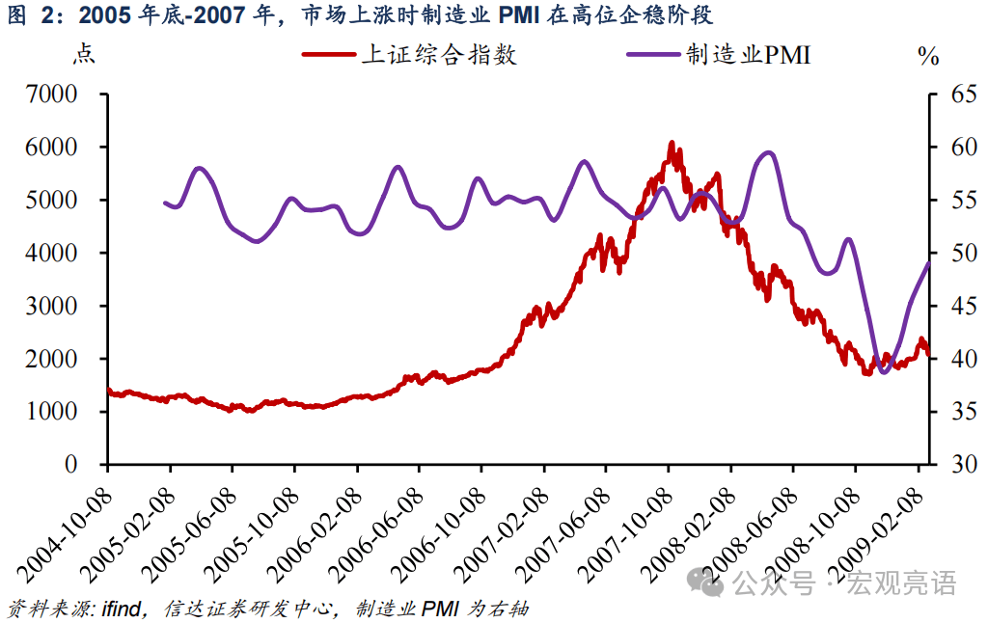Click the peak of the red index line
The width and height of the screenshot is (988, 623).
[x=672, y=143]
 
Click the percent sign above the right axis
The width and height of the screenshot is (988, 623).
[x=928, y=56]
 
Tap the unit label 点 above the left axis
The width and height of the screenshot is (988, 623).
[x=84, y=54]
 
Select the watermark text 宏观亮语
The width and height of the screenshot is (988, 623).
[x=902, y=582]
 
